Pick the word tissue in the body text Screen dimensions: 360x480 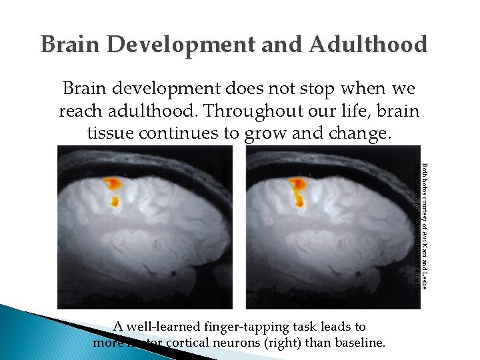pos(109,133)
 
